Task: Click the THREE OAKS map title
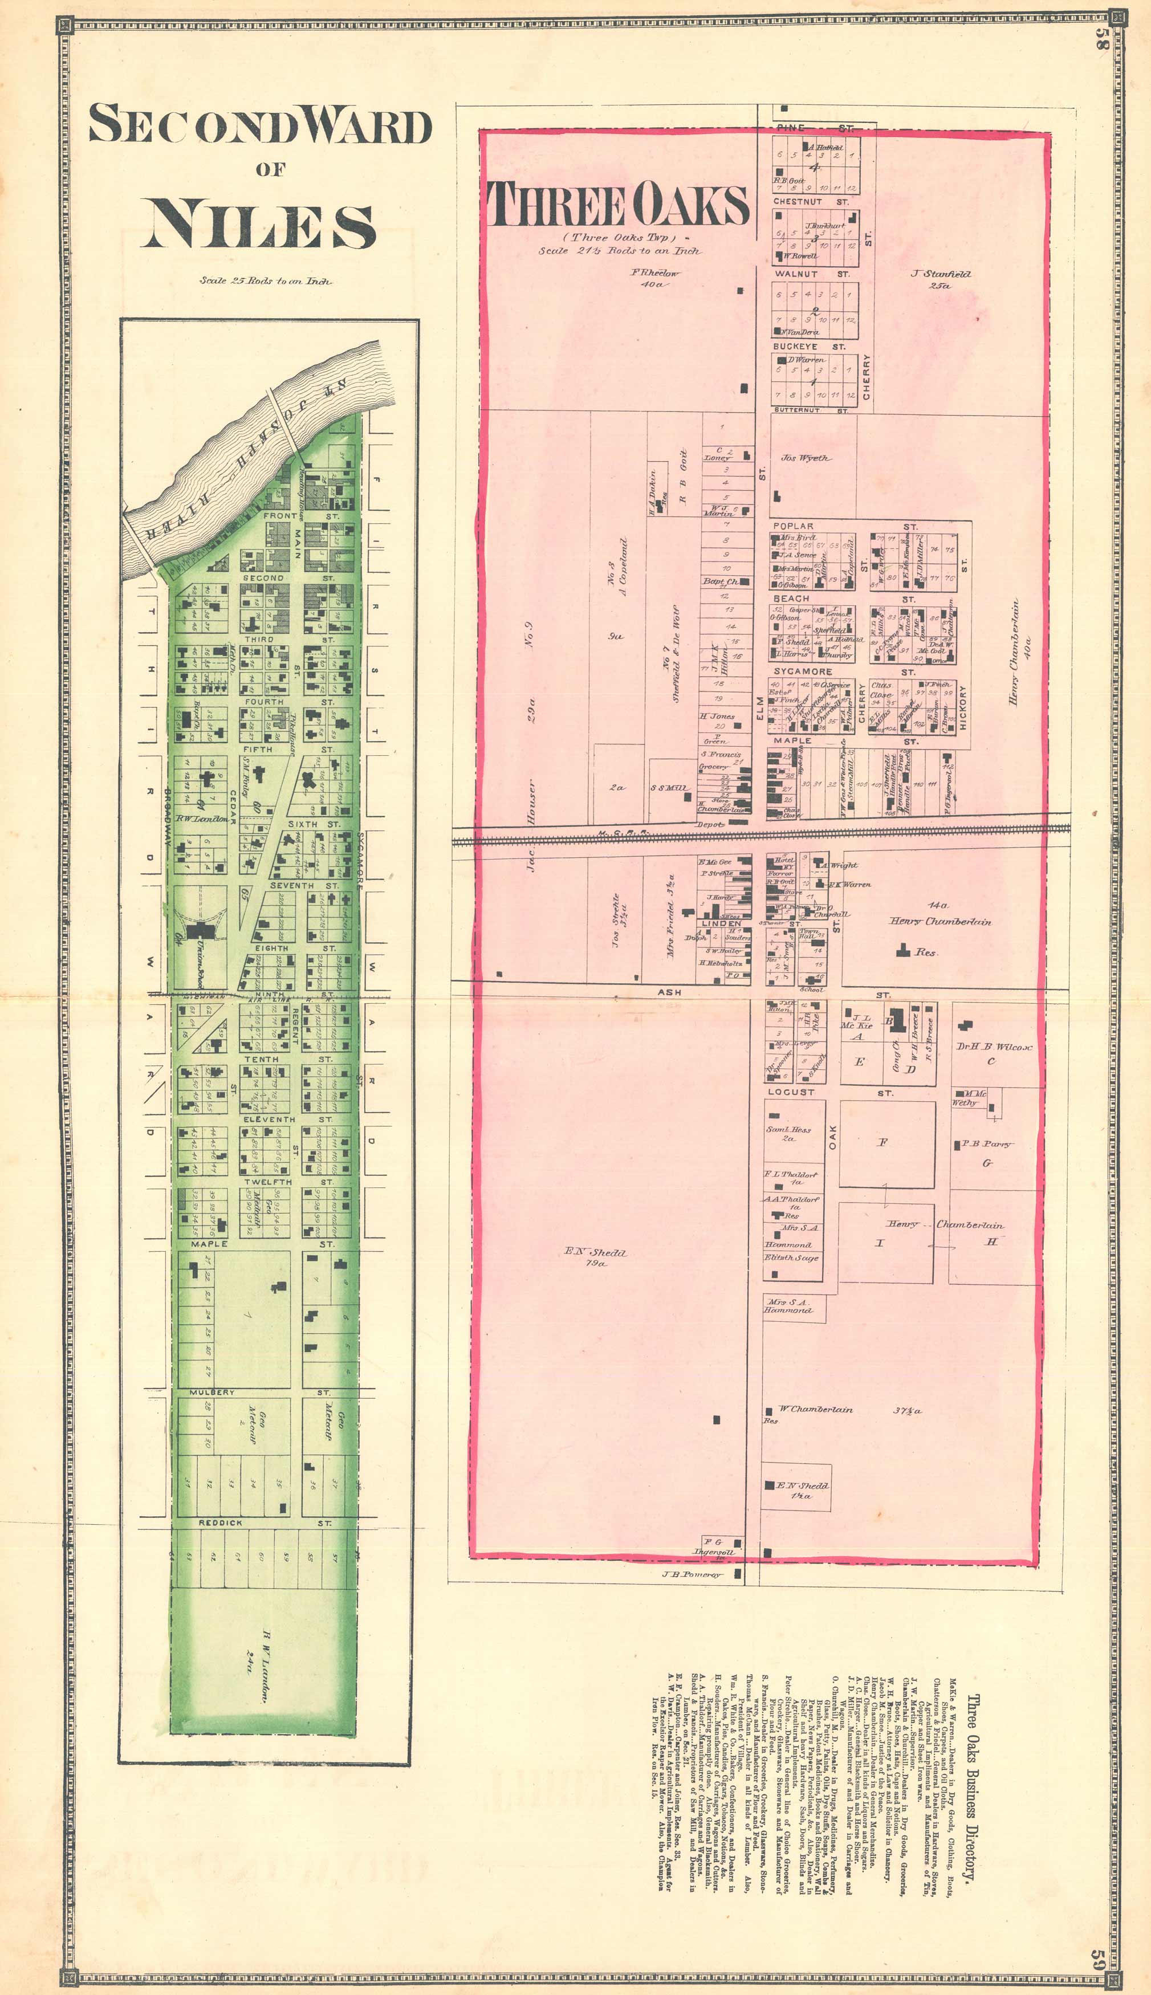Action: click(x=617, y=204)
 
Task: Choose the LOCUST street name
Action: click(x=791, y=1092)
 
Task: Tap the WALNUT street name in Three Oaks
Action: click(x=796, y=274)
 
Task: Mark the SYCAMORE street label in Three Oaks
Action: click(x=802, y=671)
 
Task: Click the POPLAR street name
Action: click(x=793, y=526)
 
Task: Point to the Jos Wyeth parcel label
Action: click(x=805, y=458)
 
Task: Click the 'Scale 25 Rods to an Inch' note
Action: click(x=266, y=280)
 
